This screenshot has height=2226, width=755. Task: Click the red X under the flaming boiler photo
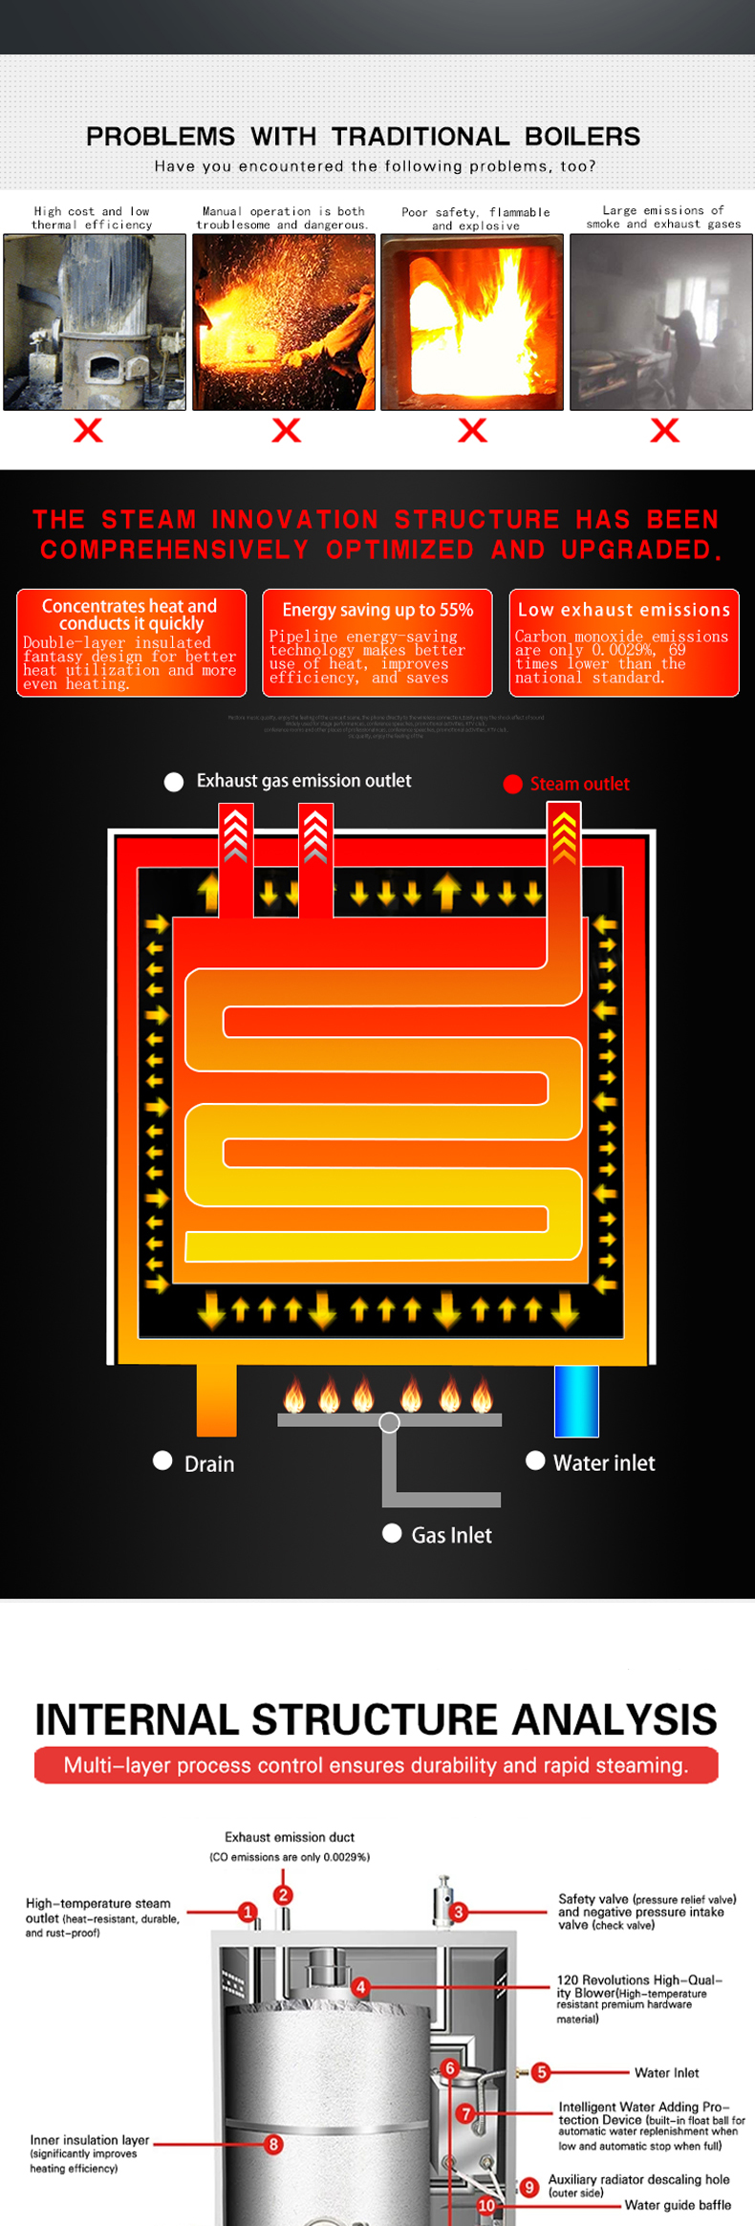[x=472, y=430]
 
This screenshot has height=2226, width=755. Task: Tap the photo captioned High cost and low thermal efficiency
[x=95, y=322]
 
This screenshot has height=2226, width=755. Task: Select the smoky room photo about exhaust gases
[x=660, y=322]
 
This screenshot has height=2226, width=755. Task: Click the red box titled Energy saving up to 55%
[x=377, y=642]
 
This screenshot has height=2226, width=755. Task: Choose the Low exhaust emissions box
[x=624, y=642]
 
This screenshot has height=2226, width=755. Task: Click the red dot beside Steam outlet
[x=513, y=784]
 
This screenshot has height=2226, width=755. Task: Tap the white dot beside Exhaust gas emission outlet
[x=174, y=782]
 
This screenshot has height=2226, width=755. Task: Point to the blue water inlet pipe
[x=576, y=1401]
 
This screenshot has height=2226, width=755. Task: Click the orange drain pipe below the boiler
[x=217, y=1400]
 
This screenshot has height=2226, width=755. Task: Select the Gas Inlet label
[x=451, y=1535]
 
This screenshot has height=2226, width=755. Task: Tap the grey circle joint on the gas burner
[x=389, y=1422]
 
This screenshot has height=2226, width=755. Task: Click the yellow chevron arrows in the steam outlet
[x=564, y=833]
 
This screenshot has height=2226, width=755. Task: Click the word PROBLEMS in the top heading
[x=161, y=137]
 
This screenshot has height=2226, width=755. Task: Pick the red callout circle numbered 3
[x=459, y=1912]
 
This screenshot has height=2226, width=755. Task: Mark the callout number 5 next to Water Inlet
[x=541, y=2072]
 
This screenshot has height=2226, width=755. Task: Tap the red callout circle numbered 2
[x=283, y=1894]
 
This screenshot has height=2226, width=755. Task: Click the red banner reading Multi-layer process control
[x=377, y=1765]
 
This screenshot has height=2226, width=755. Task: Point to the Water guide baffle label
[x=678, y=2205]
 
